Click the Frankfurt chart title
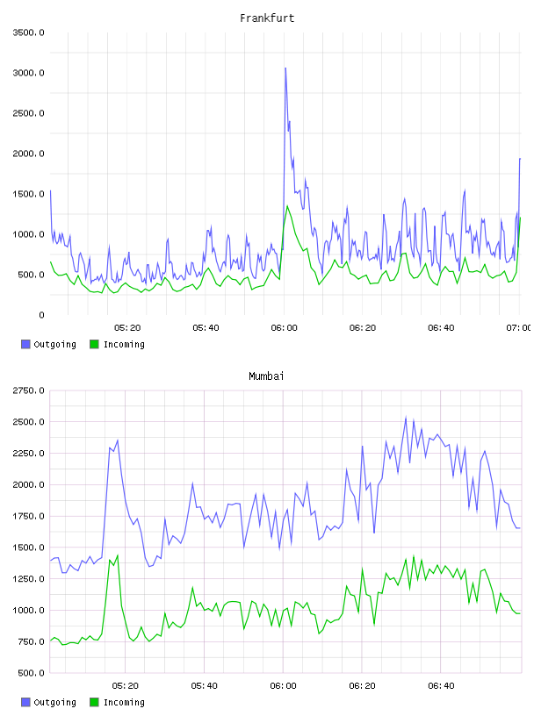pyautogui.click(x=267, y=18)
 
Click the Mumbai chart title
pyautogui.click(x=266, y=376)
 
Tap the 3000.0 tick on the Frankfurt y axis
pyautogui.click(x=28, y=73)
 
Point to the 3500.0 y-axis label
pyautogui.click(x=28, y=32)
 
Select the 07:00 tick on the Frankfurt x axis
pyautogui.click(x=518, y=327)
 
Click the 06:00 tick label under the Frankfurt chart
pyautogui.click(x=284, y=327)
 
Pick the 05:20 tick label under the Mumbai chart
pyautogui.click(x=126, y=685)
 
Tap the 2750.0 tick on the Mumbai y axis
pyautogui.click(x=28, y=390)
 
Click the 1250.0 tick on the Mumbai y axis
pyautogui.click(x=28, y=579)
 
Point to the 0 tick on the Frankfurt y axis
pyautogui.click(x=41, y=315)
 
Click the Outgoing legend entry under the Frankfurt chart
pyautogui.click(x=49, y=344)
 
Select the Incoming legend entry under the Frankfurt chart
pyautogui.click(x=118, y=344)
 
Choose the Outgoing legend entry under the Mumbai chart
pyautogui.click(x=49, y=702)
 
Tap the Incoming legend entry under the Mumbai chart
pyautogui.click(x=118, y=702)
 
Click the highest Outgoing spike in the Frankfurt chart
pyautogui.click(x=285, y=68)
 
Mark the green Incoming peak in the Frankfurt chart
pyautogui.click(x=287, y=206)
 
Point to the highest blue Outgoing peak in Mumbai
pyautogui.click(x=406, y=418)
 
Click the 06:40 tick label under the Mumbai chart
pyautogui.click(x=441, y=685)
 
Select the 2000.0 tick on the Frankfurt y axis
pyautogui.click(x=28, y=154)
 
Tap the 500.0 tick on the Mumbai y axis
pyautogui.click(x=28, y=673)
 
